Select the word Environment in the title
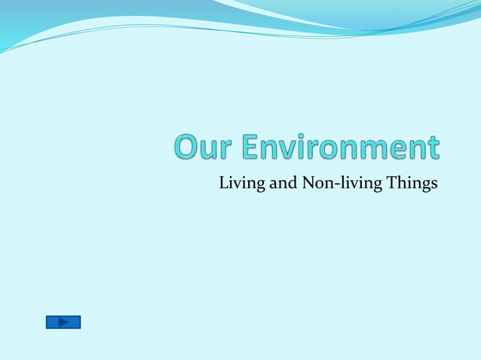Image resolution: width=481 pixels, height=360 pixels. [341, 148]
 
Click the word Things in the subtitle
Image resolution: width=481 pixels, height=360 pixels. [411, 183]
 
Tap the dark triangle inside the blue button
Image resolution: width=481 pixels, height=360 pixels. [63, 322]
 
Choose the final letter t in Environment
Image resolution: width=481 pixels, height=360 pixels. [432, 148]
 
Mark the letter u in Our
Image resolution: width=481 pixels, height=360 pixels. [208, 150]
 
